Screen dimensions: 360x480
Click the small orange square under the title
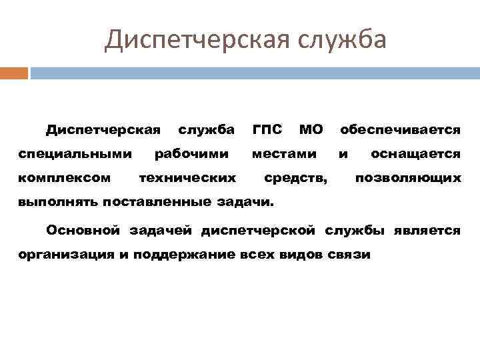coord(14,73)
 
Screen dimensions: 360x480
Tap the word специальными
coord(75,154)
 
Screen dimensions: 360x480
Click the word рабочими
coord(192,154)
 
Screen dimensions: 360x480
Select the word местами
coord(284,154)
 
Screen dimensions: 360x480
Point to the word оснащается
coord(415,154)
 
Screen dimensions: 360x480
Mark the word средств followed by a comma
coord(295,179)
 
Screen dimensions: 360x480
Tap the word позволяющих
coord(408,179)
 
